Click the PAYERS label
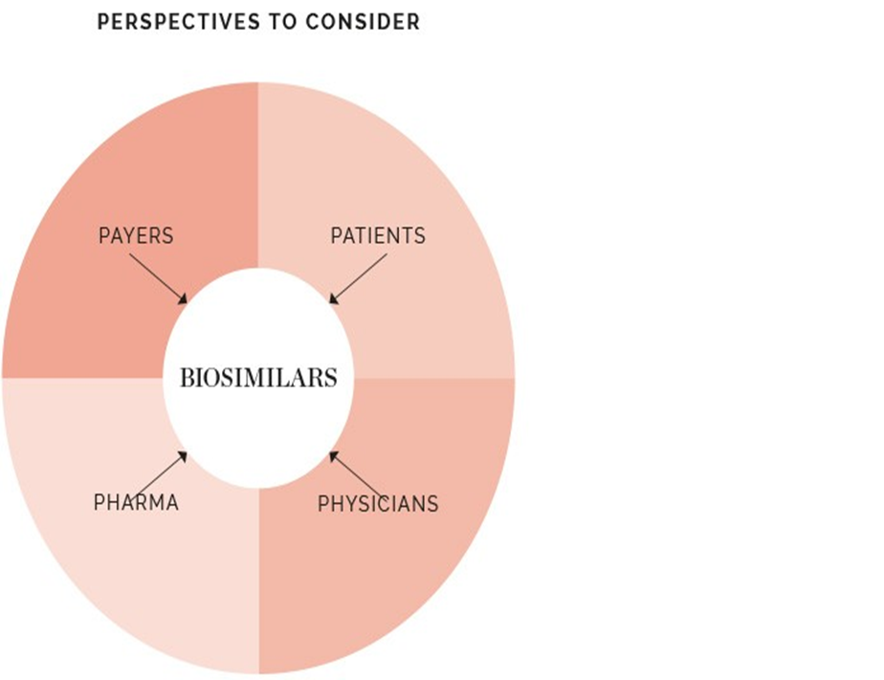pos(136,235)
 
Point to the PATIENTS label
pos(378,235)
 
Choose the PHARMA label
pos(136,503)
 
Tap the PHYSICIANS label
pos(378,504)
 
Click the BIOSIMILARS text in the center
pos(258,378)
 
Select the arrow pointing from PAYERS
pos(158,278)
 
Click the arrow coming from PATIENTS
pos(357,278)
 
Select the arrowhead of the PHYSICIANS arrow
pos(332,453)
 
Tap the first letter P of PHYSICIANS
pos(323,504)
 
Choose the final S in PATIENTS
pos(420,235)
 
